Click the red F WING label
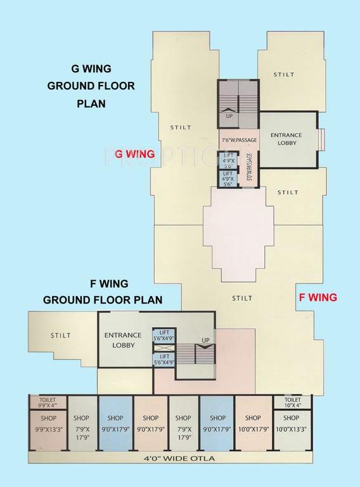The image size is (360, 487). click(318, 297)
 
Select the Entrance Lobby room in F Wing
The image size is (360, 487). click(124, 339)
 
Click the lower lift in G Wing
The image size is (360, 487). click(228, 179)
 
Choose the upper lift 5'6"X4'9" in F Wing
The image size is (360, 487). click(164, 335)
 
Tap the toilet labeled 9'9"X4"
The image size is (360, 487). click(48, 402)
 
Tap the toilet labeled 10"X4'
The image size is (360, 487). click(292, 402)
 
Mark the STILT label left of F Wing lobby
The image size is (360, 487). click(61, 335)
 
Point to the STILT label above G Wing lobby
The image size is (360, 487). click(283, 74)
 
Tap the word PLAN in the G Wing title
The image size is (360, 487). click(91, 103)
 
